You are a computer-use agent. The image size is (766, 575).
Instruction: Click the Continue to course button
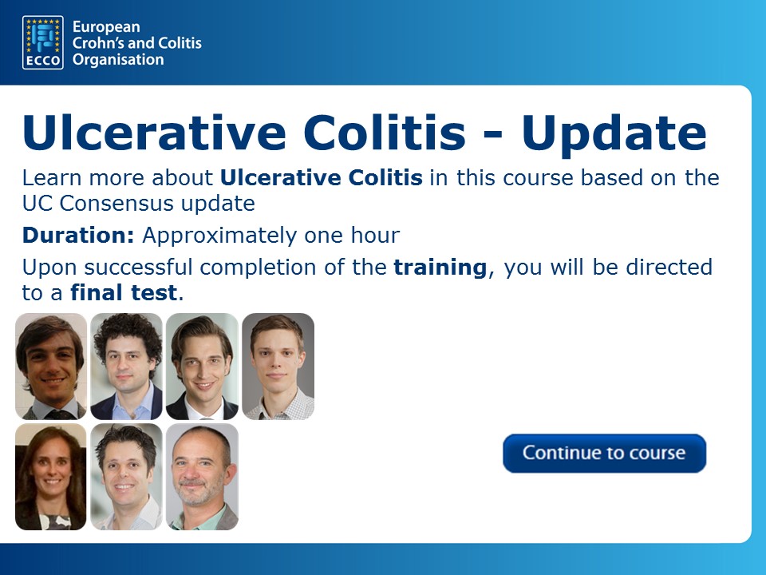pyautogui.click(x=604, y=454)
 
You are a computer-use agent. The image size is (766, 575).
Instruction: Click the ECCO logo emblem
pyautogui.click(x=43, y=42)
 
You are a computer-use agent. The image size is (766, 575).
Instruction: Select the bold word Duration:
pyautogui.click(x=78, y=235)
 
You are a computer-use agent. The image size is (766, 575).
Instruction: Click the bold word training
pyautogui.click(x=440, y=268)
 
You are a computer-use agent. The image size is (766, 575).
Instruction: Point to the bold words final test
pyautogui.click(x=124, y=293)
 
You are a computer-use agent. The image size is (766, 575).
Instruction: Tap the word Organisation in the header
pyautogui.click(x=118, y=60)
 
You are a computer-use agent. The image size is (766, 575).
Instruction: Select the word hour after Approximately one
pyautogui.click(x=375, y=235)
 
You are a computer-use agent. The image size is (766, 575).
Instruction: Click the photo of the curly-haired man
pyautogui.click(x=127, y=367)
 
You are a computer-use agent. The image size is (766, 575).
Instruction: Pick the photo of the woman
pyautogui.click(x=51, y=477)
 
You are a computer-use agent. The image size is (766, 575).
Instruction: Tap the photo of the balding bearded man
pyautogui.click(x=202, y=477)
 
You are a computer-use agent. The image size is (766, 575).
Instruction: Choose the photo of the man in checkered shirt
pyautogui.click(x=278, y=367)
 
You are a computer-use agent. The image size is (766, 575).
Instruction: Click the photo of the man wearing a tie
pyautogui.click(x=51, y=367)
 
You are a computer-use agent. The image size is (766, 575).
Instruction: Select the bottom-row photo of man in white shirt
pyautogui.click(x=127, y=477)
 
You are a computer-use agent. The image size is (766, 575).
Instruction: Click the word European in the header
pyautogui.click(x=106, y=27)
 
